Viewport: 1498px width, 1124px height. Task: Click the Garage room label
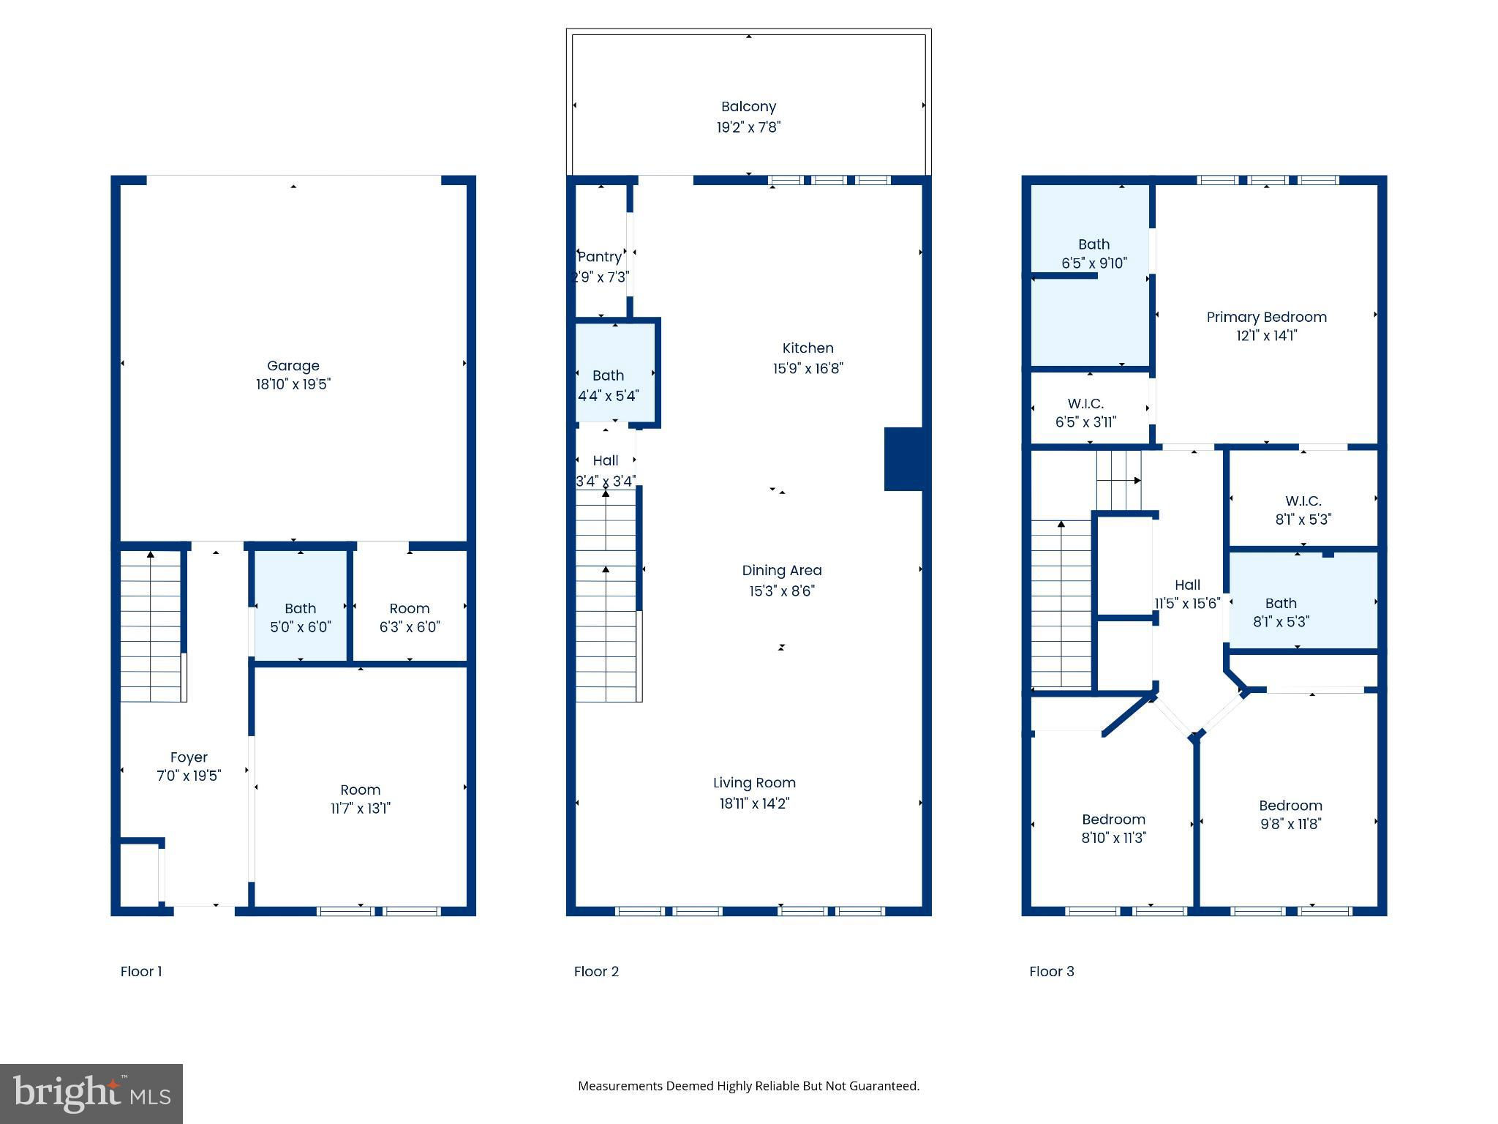[x=293, y=366]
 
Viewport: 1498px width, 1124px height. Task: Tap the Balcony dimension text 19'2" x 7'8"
[x=748, y=127]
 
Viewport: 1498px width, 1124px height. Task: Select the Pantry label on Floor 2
[x=600, y=257]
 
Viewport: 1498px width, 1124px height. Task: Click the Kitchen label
[x=808, y=348]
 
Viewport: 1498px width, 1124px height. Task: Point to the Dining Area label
[x=782, y=571]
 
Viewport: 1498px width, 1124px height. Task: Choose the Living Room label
[x=754, y=783]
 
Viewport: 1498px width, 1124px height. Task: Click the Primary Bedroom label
[x=1266, y=318]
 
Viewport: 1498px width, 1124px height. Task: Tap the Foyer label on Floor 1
[x=189, y=758]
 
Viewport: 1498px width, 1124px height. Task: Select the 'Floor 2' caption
[x=596, y=972]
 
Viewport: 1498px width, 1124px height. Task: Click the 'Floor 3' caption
[x=1052, y=972]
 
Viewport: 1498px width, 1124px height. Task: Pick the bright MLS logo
[x=91, y=1094]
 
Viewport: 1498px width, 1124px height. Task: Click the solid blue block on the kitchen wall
[x=904, y=459]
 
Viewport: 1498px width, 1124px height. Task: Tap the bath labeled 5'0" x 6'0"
[x=300, y=608]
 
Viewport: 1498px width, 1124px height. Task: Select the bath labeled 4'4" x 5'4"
[x=615, y=372]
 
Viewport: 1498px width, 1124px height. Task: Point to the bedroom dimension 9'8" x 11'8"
[x=1290, y=824]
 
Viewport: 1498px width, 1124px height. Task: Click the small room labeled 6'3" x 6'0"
[x=410, y=607]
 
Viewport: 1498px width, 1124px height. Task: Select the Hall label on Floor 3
[x=1187, y=585]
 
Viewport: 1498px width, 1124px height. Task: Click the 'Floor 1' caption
[x=141, y=972]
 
